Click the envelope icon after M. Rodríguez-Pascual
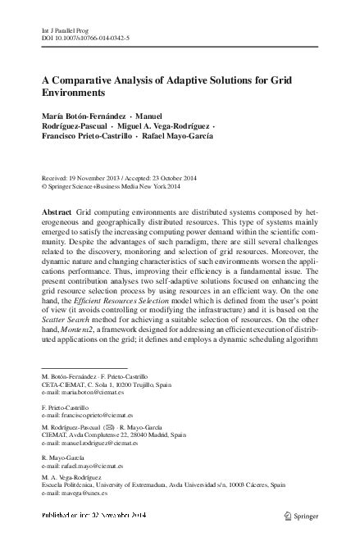(120, 427)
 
